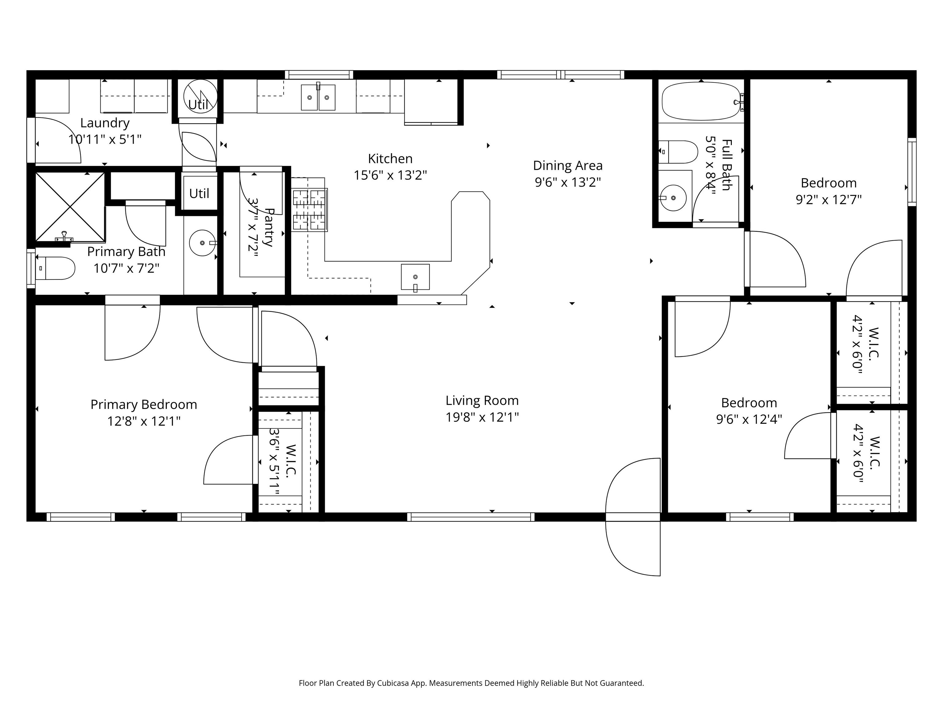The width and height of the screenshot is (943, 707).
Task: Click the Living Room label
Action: coord(482,400)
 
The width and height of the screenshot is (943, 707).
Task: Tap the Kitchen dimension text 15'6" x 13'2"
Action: coord(390,175)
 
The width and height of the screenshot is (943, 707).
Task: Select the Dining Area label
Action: coord(568,165)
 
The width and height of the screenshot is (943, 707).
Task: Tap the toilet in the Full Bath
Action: coord(678,152)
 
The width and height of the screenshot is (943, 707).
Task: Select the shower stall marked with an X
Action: coord(70,207)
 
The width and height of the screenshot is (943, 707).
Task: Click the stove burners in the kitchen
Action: coord(309,210)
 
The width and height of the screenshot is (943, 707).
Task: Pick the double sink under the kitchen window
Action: coord(318,97)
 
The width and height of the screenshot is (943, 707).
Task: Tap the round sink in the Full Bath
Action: coord(673,198)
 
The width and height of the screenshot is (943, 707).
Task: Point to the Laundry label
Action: coord(105,123)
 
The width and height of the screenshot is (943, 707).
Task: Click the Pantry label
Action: coord(269,227)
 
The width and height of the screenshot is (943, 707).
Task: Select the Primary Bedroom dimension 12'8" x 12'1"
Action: coord(144,421)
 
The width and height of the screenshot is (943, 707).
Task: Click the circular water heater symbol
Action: coord(200,96)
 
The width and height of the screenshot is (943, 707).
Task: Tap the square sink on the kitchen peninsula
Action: coord(415,277)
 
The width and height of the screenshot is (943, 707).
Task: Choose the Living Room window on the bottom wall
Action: coord(471,517)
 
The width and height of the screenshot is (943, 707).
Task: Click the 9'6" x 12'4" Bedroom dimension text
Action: coord(749,419)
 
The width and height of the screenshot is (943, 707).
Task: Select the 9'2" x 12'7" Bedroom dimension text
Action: coord(829,199)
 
